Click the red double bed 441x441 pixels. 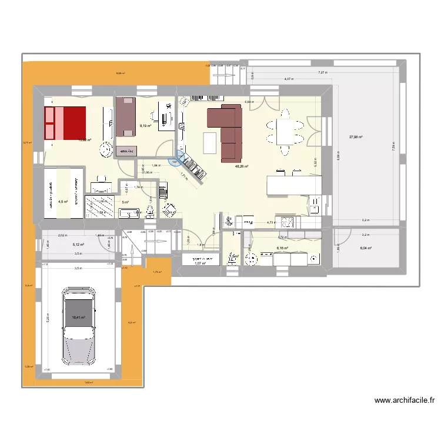point(65,123)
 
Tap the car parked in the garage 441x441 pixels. point(78,326)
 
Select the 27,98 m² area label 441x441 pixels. point(355,137)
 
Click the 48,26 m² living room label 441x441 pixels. point(241,166)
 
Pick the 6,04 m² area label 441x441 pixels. point(366,248)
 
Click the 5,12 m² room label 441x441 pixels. point(78,245)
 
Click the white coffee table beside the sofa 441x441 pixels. point(210,142)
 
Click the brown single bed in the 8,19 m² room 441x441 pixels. point(126,116)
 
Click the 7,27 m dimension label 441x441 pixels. point(322,72)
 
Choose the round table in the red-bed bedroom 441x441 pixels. point(106,149)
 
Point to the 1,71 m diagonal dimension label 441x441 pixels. point(183,175)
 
